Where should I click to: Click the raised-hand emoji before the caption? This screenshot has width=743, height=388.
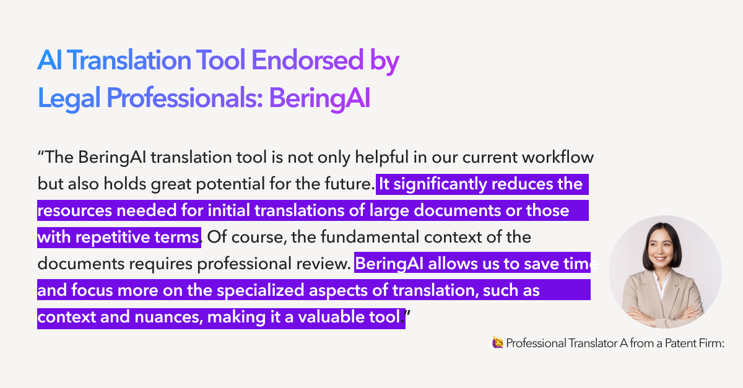(x=497, y=343)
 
